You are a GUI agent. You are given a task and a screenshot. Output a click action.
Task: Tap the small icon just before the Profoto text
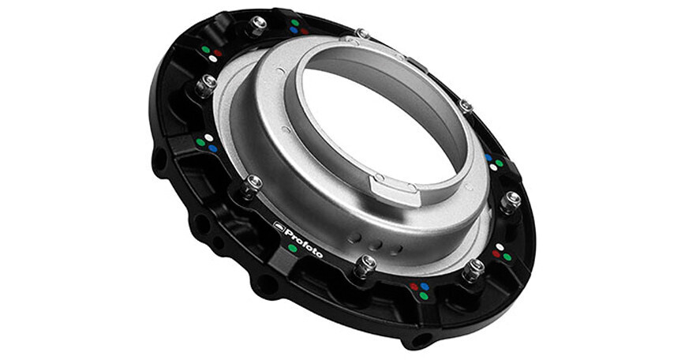pyautogui.click(x=279, y=225)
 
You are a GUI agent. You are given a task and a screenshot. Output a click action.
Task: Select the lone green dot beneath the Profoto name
pyautogui.click(x=293, y=247)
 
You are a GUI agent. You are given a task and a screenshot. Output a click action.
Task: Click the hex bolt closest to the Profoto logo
pyautogui.click(x=253, y=185)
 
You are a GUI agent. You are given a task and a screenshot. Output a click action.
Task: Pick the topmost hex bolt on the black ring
pyautogui.click(x=257, y=24)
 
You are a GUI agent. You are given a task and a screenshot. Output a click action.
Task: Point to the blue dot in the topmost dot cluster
pyautogui.click(x=294, y=31)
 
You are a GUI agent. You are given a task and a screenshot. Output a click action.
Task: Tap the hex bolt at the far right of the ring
pyautogui.click(x=511, y=199)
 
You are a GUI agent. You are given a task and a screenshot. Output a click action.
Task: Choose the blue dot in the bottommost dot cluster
pyautogui.click(x=425, y=287)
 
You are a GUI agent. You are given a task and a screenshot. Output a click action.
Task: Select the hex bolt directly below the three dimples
pyautogui.click(x=365, y=265)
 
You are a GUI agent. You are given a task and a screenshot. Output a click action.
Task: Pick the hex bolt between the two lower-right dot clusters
pyautogui.click(x=474, y=269)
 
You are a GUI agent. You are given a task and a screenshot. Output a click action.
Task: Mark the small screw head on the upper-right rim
pyautogui.click(x=466, y=105)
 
